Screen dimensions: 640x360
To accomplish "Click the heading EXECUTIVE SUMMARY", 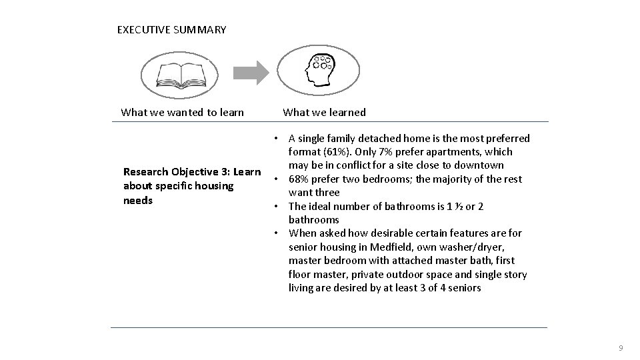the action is click(171, 30).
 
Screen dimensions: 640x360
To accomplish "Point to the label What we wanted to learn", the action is click(182, 112).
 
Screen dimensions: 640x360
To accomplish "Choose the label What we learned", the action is click(324, 112).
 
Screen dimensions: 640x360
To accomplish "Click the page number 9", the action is click(621, 349).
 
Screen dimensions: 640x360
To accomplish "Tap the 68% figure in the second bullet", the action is click(299, 179).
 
